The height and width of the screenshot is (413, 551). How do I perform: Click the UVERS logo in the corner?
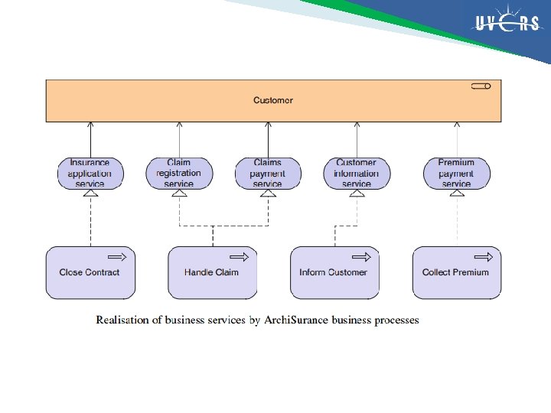[x=508, y=24]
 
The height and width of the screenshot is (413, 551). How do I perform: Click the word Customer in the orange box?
[x=273, y=100]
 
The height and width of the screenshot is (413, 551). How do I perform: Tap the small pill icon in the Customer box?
[x=481, y=86]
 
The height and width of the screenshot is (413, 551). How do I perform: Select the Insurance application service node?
[x=90, y=173]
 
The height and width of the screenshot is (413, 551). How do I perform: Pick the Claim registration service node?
[x=179, y=173]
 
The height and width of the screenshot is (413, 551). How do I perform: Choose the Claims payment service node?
[x=267, y=173]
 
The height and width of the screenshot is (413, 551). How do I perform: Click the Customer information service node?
[x=357, y=173]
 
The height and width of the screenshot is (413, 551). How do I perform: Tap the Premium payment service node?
[x=457, y=173]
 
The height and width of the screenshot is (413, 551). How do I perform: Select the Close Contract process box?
[x=90, y=272]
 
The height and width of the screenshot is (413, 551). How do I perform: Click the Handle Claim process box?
[x=212, y=272]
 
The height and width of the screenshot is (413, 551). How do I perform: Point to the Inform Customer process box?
[x=334, y=272]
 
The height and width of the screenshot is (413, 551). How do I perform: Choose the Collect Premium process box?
[x=457, y=272]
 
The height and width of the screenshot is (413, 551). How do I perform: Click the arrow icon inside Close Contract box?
[x=117, y=257]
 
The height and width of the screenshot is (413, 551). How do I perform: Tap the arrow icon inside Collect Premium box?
[x=484, y=257]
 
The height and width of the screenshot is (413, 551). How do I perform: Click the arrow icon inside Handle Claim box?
[x=240, y=257]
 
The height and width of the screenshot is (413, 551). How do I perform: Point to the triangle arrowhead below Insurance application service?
[x=90, y=193]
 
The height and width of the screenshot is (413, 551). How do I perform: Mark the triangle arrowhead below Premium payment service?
[x=457, y=193]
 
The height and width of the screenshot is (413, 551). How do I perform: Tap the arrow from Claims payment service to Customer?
[x=268, y=139]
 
